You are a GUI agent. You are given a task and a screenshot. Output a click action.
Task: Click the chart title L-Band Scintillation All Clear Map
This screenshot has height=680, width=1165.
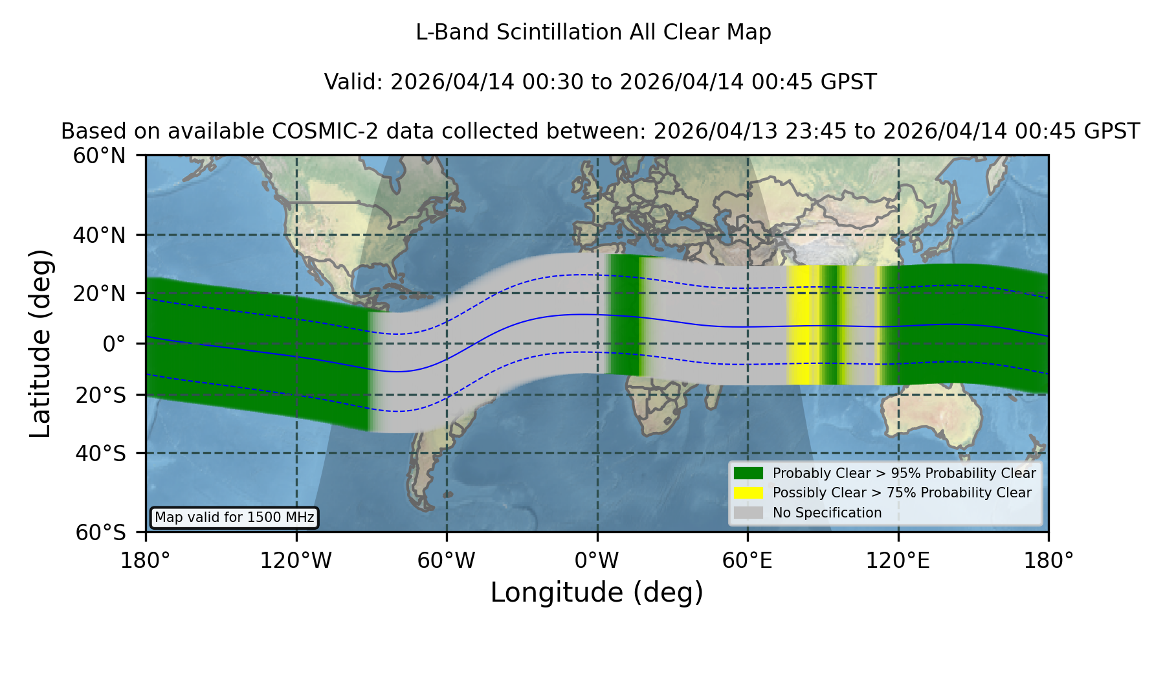click(593, 32)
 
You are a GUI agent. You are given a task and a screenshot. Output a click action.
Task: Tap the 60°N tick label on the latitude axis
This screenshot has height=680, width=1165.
click(99, 156)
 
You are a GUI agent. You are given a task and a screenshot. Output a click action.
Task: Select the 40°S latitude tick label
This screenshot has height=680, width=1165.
click(100, 453)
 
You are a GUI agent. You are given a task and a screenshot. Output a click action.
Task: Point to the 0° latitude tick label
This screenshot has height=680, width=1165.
click(114, 344)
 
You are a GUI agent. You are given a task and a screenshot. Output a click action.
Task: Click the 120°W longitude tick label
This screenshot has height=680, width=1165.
click(296, 560)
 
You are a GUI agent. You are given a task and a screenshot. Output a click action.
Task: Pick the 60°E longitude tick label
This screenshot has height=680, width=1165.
click(748, 560)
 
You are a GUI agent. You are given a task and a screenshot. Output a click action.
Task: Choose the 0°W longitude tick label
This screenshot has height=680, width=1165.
click(597, 560)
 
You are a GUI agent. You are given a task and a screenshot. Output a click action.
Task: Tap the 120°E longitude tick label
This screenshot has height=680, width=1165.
click(898, 560)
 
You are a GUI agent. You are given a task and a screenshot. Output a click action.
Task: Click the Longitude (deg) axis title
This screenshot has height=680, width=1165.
click(597, 593)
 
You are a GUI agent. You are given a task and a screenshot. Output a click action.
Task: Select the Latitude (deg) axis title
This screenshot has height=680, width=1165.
click(40, 344)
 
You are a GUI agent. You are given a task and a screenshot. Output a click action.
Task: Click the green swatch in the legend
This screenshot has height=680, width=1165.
click(748, 473)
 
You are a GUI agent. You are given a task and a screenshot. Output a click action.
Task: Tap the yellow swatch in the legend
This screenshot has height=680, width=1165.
click(748, 493)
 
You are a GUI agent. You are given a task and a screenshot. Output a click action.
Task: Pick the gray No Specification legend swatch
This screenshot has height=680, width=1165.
click(748, 513)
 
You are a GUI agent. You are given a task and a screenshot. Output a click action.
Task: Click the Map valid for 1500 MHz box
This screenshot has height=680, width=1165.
click(234, 517)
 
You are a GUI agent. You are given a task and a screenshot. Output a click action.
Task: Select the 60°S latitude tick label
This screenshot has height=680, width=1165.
click(100, 532)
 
